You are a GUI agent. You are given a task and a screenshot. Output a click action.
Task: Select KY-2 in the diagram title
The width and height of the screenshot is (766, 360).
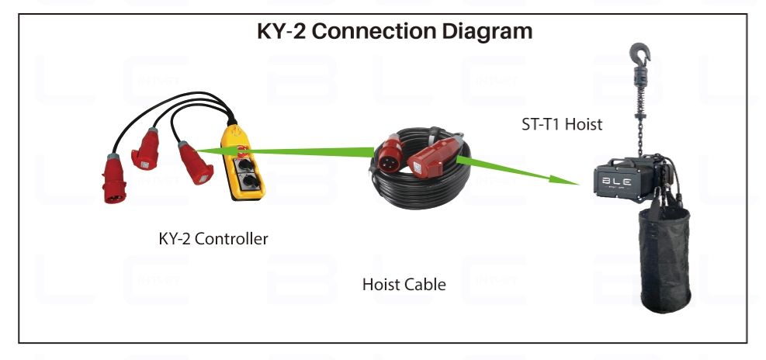(282, 32)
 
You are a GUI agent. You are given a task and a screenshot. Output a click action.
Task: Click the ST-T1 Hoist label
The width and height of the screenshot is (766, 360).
(562, 123)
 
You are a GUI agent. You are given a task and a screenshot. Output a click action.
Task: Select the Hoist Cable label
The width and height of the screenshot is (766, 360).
(404, 285)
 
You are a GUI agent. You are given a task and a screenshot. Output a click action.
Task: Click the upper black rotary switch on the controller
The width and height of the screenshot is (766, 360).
(247, 164)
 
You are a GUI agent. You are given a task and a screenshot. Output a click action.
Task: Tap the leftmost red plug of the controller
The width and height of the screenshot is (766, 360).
(116, 179)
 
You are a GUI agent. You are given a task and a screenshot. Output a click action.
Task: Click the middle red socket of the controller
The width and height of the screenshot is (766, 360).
(147, 152)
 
